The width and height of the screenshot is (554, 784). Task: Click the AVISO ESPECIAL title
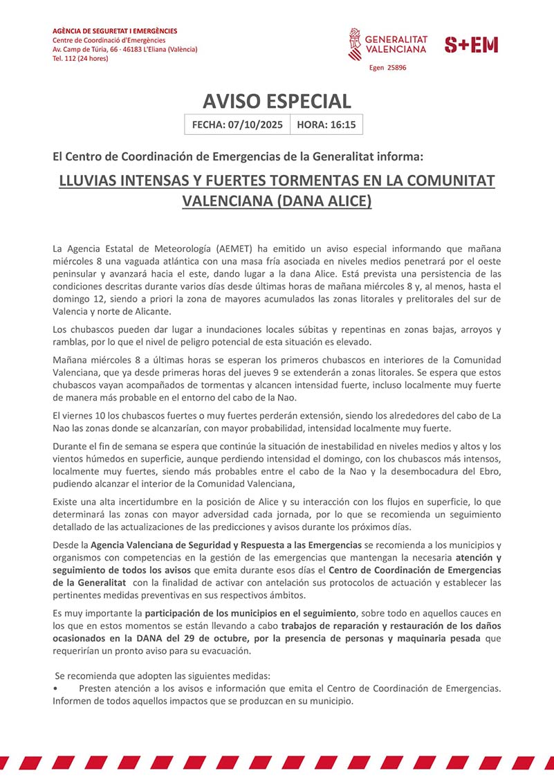[x=277, y=101]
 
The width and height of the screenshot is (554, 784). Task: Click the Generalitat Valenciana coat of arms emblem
[x=354, y=44]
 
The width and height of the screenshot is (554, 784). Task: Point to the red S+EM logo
[x=471, y=45]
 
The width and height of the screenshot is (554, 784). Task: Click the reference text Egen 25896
[x=387, y=68]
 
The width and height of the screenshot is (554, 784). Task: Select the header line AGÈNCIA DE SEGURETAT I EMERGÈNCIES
[x=115, y=31]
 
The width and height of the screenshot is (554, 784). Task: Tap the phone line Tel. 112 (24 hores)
[x=80, y=58]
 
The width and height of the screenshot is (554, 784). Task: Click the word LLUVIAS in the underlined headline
[x=88, y=181]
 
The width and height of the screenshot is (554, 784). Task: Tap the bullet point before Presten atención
[x=55, y=689]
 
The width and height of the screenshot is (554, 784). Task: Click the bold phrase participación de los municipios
[x=250, y=613]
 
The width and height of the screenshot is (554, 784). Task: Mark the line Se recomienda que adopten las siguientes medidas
[x=163, y=675]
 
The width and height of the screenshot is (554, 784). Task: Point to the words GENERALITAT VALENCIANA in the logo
[x=396, y=45]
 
